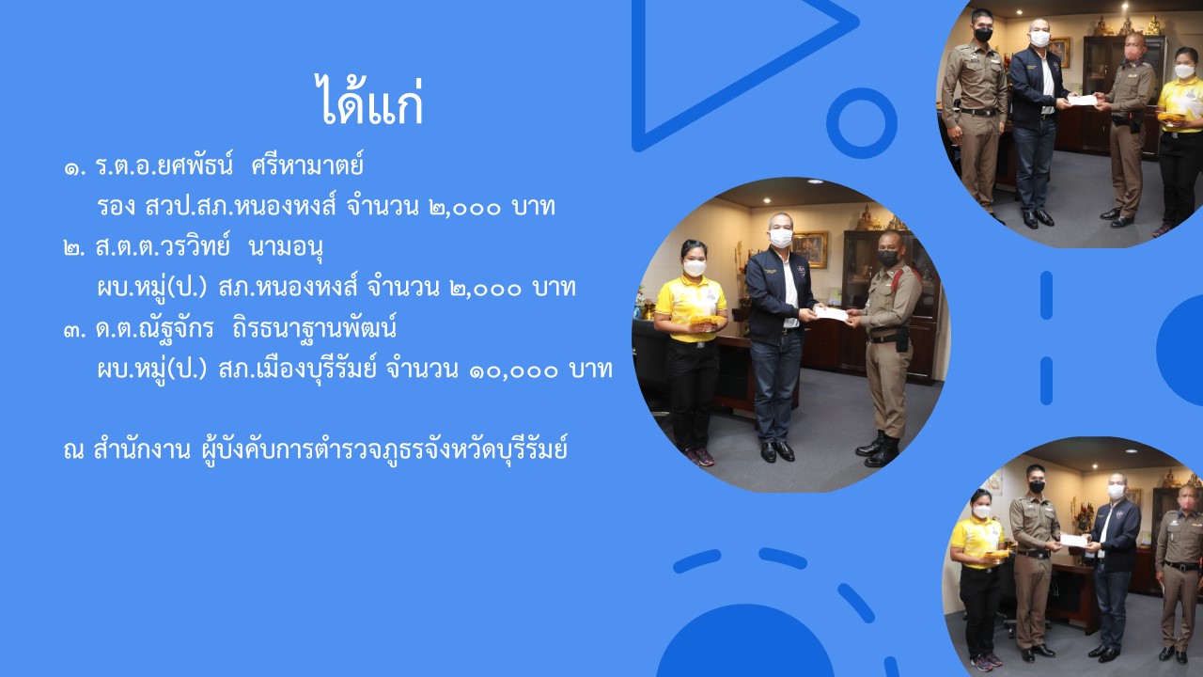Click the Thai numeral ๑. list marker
(74, 168)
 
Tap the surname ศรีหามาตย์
(307, 165)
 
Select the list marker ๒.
(74, 249)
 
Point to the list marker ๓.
(74, 330)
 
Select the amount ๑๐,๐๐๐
(514, 370)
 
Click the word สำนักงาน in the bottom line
(141, 449)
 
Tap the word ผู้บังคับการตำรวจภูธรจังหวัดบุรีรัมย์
(384, 450)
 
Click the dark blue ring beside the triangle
(862, 122)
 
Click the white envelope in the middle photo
(831, 313)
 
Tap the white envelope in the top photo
(1082, 100)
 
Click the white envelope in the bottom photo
(1073, 541)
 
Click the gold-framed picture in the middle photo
(809, 249)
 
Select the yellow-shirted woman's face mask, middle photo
(695, 268)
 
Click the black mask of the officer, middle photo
(889, 259)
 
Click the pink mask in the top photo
(1133, 54)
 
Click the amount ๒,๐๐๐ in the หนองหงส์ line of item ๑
(465, 209)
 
